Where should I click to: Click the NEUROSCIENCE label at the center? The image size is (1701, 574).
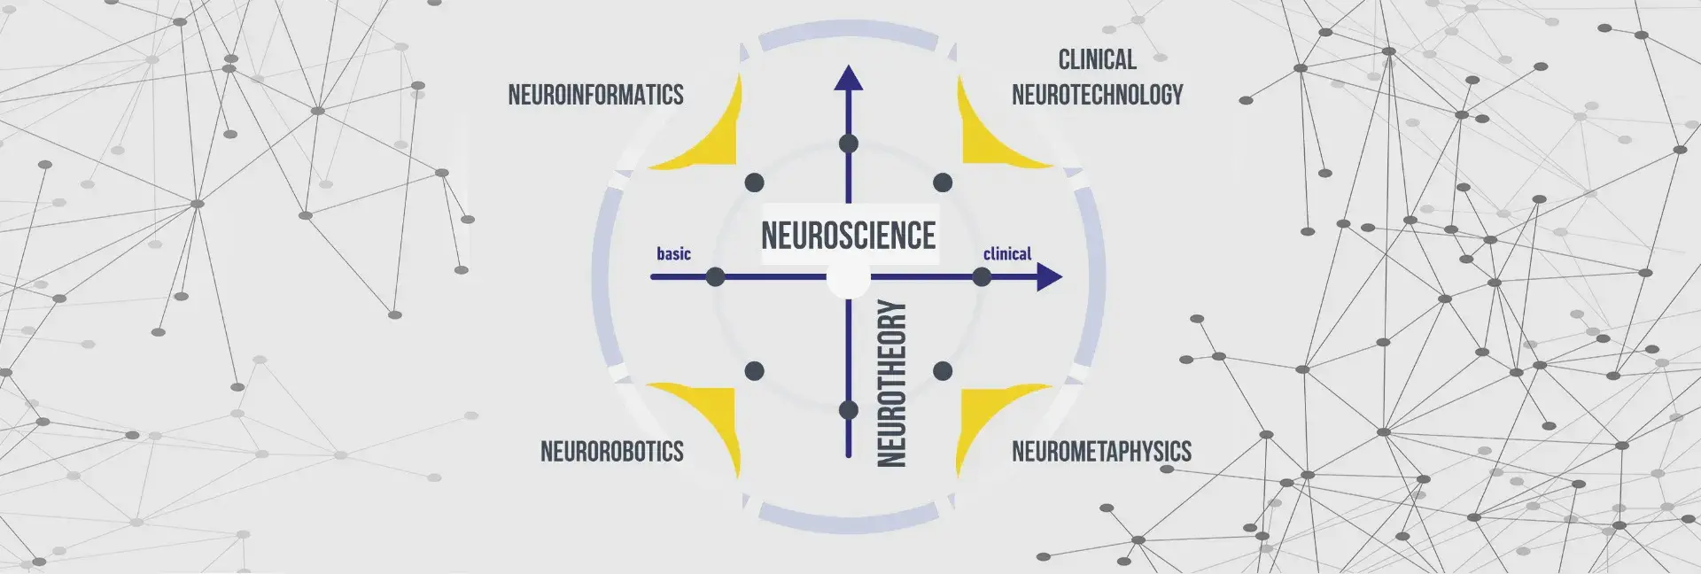pyautogui.click(x=848, y=236)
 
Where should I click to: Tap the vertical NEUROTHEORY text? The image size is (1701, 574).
pyautogui.click(x=891, y=383)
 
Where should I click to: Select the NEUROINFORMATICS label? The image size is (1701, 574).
pyautogui.click(x=595, y=95)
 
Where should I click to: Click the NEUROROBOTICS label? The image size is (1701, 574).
pyautogui.click(x=611, y=452)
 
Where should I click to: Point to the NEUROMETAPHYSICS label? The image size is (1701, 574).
pyautogui.click(x=1101, y=452)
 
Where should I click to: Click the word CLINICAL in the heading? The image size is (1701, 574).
pyautogui.click(x=1097, y=60)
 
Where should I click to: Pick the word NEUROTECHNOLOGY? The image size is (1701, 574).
pyautogui.click(x=1097, y=95)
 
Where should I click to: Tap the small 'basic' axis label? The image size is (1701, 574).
pyautogui.click(x=673, y=254)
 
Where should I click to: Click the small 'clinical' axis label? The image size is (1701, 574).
pyautogui.click(x=1007, y=254)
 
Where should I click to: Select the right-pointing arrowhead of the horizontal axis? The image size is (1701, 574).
pyautogui.click(x=1049, y=277)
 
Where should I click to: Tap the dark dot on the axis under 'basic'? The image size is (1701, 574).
pyautogui.click(x=716, y=277)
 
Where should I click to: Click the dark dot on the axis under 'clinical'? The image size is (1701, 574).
pyautogui.click(x=982, y=277)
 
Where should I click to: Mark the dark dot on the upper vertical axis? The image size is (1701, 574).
pyautogui.click(x=849, y=143)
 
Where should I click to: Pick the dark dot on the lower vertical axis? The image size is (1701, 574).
pyautogui.click(x=849, y=410)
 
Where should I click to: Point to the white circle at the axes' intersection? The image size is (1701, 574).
pyautogui.click(x=848, y=280)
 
